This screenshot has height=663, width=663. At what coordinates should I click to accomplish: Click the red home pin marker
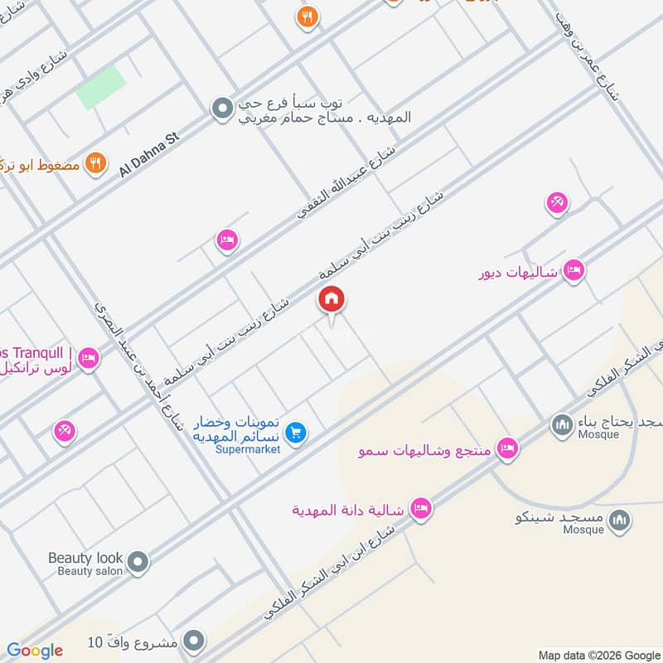[x=331, y=299]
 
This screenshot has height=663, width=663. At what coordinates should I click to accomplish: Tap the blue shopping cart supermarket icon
[x=295, y=432]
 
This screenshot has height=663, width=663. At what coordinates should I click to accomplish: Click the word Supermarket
[x=246, y=449]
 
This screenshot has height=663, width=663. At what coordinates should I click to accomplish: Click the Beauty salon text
[x=90, y=571]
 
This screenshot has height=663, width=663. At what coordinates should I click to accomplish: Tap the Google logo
[x=35, y=651]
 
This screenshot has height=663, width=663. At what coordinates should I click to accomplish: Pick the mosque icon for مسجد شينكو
[x=618, y=520]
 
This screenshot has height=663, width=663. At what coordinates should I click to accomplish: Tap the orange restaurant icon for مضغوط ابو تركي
[x=97, y=163]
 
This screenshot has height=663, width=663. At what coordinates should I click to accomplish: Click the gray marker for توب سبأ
[x=221, y=109]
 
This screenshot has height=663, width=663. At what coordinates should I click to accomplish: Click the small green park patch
[x=101, y=87]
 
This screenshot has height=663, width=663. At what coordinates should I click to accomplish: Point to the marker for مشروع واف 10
[x=194, y=641]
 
